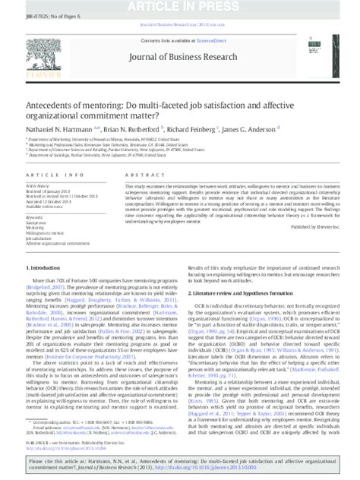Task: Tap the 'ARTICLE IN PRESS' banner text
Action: [180, 8]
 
